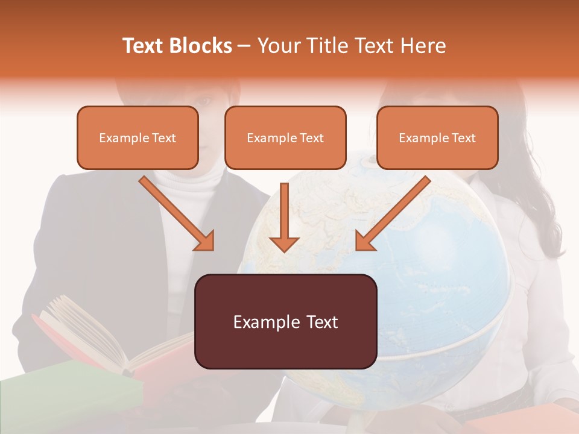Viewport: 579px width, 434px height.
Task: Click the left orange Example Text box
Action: pyautogui.click(x=138, y=138)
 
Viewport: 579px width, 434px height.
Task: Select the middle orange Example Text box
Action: pyautogui.click(x=285, y=138)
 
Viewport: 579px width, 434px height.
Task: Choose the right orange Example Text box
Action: pyautogui.click(x=437, y=138)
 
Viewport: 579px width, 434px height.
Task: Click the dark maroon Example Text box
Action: pyautogui.click(x=286, y=322)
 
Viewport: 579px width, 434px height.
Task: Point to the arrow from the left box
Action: pyautogui.click(x=175, y=212)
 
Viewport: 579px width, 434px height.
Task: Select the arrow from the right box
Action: pyautogui.click(x=395, y=212)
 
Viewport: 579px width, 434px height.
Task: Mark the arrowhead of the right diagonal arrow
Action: pyautogui.click(x=365, y=241)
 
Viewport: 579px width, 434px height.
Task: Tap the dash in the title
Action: pyautogui.click(x=244, y=46)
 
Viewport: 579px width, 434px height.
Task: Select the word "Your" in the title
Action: pyautogui.click(x=276, y=46)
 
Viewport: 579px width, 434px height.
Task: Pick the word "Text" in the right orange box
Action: pyautogui.click(x=463, y=138)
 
